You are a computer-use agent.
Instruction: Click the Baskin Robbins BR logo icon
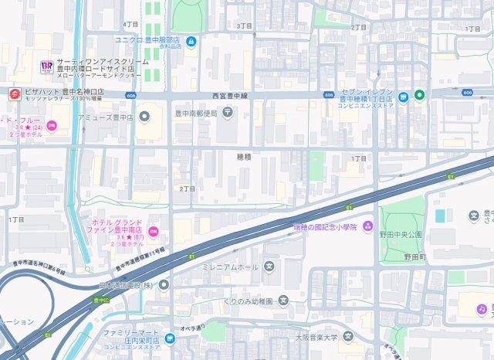click(46, 65)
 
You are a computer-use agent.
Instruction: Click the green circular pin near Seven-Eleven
click(419, 95)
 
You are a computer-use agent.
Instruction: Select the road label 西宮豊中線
click(228, 95)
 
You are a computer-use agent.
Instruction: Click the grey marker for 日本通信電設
click(164, 284)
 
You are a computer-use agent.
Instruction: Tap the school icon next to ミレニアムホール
click(269, 267)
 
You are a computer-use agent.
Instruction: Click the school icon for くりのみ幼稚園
click(283, 300)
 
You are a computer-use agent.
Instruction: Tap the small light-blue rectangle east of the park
click(440, 216)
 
